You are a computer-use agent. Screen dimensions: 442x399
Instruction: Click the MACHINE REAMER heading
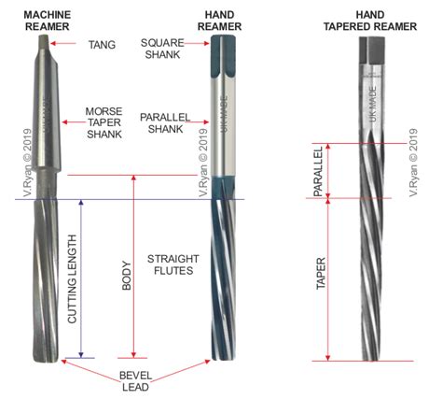tap(48, 21)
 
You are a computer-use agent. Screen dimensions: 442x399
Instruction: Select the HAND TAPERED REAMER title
tap(370, 21)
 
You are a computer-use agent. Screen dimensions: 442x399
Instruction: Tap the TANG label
tap(102, 45)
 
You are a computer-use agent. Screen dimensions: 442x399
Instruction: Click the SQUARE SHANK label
tap(162, 49)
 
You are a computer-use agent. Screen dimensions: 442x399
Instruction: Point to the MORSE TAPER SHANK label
tap(104, 122)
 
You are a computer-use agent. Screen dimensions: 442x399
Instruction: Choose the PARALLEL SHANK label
tap(165, 123)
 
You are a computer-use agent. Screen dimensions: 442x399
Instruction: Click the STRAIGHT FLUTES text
tap(173, 264)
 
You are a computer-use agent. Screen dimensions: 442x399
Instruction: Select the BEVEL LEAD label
tap(135, 381)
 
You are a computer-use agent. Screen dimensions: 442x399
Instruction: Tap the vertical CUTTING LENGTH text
tap(72, 278)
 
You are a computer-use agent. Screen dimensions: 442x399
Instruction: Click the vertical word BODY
tap(127, 276)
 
